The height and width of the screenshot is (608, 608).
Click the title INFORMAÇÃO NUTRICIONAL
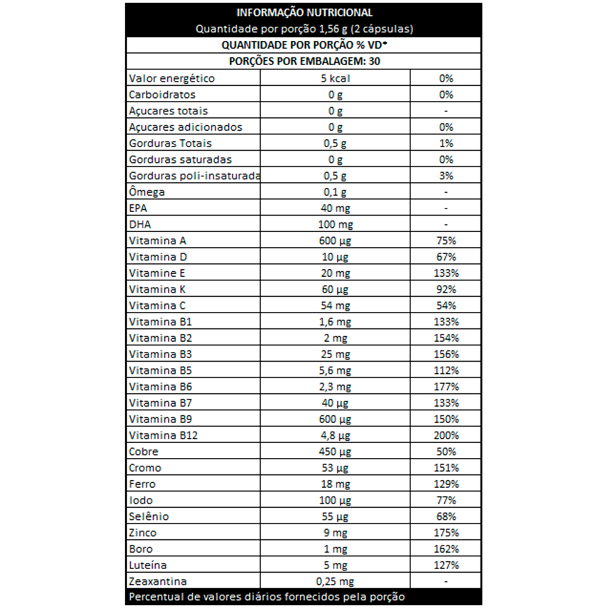pyautogui.click(x=303, y=13)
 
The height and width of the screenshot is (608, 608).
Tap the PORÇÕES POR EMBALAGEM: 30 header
pyautogui.click(x=303, y=61)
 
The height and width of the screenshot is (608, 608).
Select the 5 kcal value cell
pyautogui.click(x=335, y=78)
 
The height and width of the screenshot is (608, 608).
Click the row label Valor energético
pyautogui.click(x=172, y=78)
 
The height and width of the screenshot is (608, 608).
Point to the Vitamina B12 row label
pyautogui.click(x=164, y=436)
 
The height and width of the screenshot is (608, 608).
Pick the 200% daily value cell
pyautogui.click(x=446, y=436)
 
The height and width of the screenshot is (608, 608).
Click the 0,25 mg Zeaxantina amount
pyautogui.click(x=335, y=582)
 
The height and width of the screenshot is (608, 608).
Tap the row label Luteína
pyautogui.click(x=148, y=565)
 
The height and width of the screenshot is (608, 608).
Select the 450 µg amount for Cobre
pyautogui.click(x=335, y=452)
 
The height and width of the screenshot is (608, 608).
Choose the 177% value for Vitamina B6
pyautogui.click(x=446, y=387)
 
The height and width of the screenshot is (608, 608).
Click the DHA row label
pyautogui.click(x=139, y=224)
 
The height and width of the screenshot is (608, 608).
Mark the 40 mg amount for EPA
pyautogui.click(x=335, y=208)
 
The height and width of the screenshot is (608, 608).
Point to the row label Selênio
pyautogui.click(x=149, y=517)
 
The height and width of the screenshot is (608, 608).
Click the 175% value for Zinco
pyautogui.click(x=446, y=533)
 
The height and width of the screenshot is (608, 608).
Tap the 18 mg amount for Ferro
pyautogui.click(x=335, y=485)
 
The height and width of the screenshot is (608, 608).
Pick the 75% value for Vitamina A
pyautogui.click(x=446, y=241)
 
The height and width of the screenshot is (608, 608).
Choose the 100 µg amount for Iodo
pyautogui.click(x=335, y=500)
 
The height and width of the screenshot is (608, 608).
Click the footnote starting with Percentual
pyautogui.click(x=267, y=597)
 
